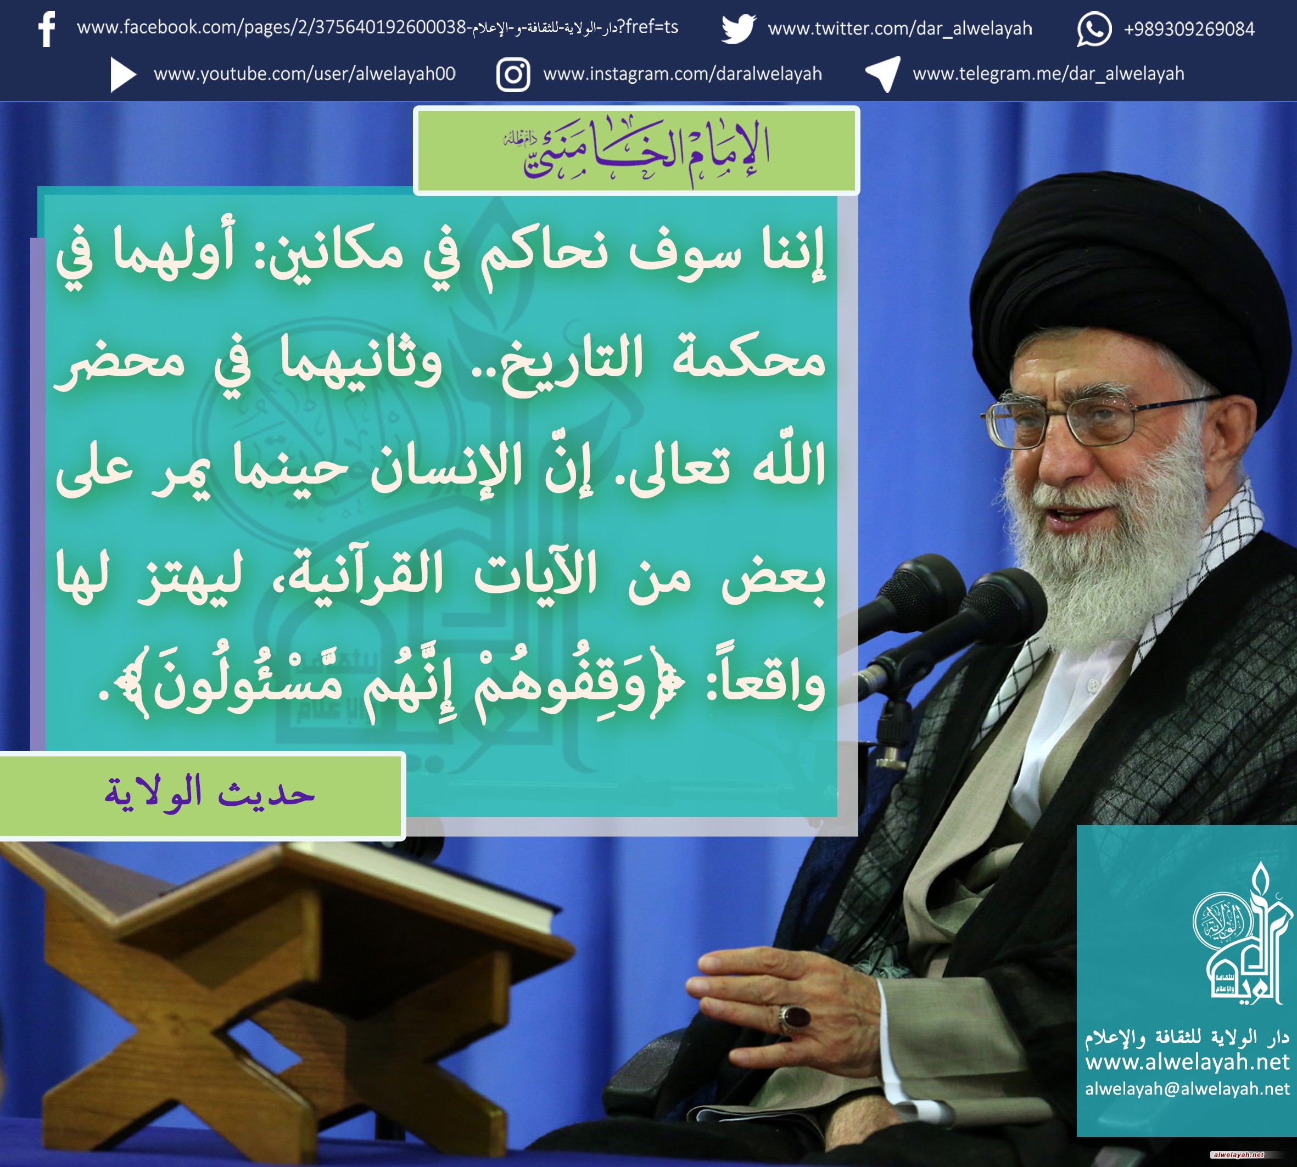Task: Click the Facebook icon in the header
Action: (47, 30)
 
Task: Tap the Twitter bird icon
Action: (739, 29)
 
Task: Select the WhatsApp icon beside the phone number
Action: (1094, 30)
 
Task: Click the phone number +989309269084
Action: (1189, 30)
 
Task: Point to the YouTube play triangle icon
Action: (122, 75)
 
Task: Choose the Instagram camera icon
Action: (513, 75)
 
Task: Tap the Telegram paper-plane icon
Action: (884, 74)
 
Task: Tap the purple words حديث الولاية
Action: (209, 794)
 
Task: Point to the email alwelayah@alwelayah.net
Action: (1187, 1089)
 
